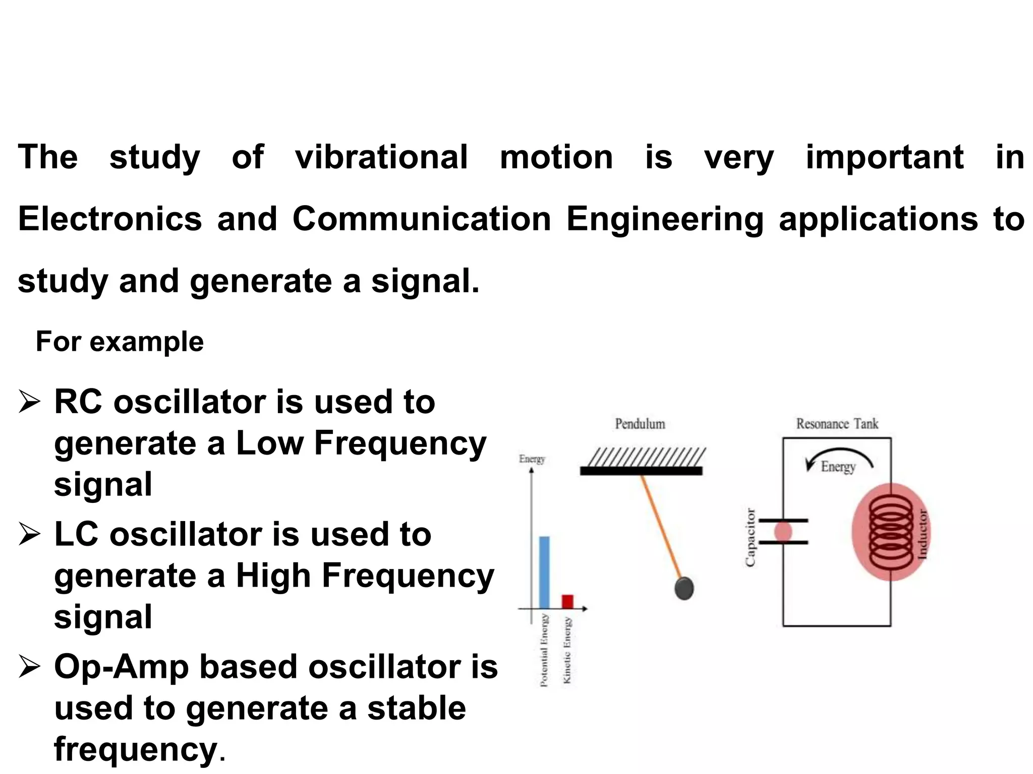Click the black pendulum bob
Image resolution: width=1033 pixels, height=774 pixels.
click(x=684, y=588)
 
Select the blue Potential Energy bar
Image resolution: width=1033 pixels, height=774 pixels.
click(x=544, y=572)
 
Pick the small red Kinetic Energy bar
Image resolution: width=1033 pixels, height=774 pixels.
click(x=567, y=602)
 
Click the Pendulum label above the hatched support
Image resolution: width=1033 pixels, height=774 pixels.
click(x=640, y=424)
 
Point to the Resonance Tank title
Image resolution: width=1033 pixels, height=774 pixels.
click(x=837, y=424)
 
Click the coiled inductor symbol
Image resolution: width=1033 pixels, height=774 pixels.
click(x=891, y=532)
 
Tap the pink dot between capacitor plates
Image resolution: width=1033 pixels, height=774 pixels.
click(x=783, y=532)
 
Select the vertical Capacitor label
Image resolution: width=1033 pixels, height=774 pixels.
click(x=751, y=537)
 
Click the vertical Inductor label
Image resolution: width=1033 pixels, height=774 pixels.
click(x=922, y=534)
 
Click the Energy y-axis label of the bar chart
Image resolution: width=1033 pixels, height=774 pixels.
click(x=532, y=459)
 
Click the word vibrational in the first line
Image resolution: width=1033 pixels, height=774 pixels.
click(x=381, y=157)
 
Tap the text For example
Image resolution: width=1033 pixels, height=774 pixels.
click(x=120, y=342)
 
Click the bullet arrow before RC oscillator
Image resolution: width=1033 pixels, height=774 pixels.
click(x=29, y=403)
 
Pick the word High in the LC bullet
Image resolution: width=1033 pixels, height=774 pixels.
click(x=273, y=575)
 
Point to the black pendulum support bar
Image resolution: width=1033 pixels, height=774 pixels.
click(x=641, y=471)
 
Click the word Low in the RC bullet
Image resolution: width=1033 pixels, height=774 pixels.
click(x=269, y=443)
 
